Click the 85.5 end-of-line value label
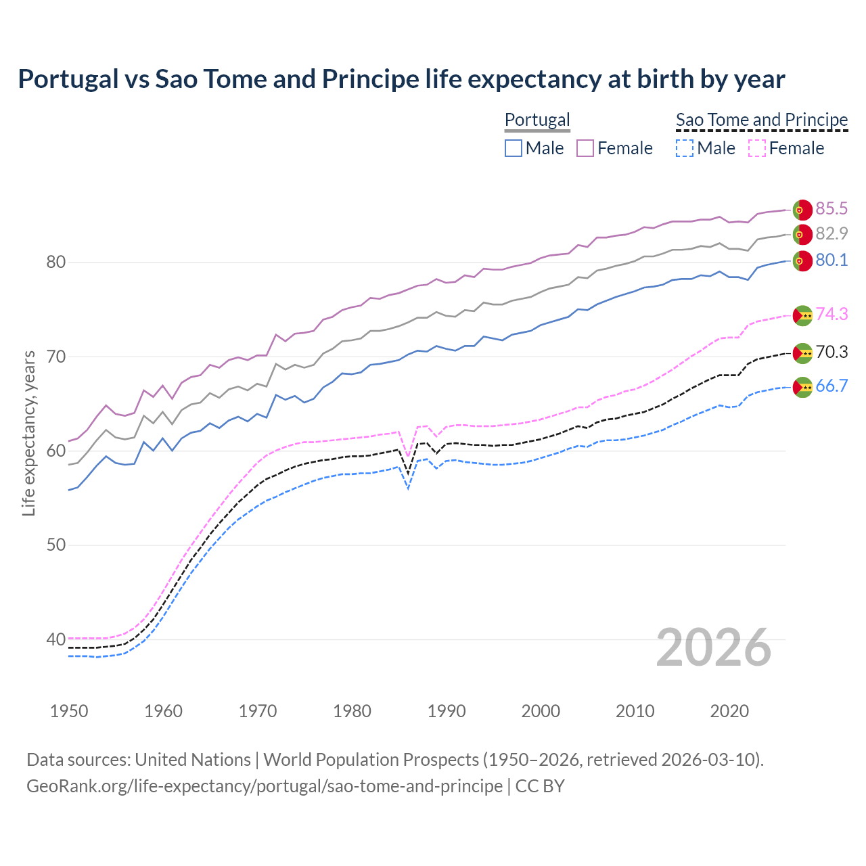[x=831, y=208]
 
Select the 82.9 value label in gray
[x=831, y=233]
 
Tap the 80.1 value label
[x=831, y=260]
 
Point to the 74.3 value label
[x=831, y=314]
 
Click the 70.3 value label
[x=831, y=352]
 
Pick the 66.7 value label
[x=831, y=386]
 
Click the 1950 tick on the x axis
[x=69, y=711]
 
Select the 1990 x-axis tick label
[x=447, y=711]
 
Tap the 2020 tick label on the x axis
[x=729, y=711]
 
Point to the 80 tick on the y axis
[x=55, y=262]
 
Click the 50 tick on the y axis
[x=55, y=545]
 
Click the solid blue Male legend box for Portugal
[x=514, y=148]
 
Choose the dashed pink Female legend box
[x=757, y=148]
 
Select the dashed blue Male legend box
[x=685, y=148]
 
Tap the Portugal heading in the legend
[x=537, y=120]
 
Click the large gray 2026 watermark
[x=714, y=647]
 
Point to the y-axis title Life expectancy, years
[x=28, y=433]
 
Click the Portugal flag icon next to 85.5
[x=802, y=210]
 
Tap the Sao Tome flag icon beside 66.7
[x=802, y=387]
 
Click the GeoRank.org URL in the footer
[x=265, y=786]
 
